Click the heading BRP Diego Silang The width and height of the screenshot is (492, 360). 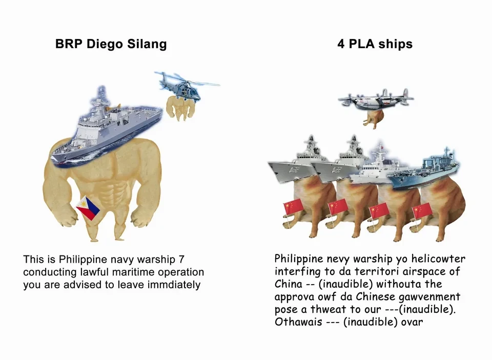pos(111,44)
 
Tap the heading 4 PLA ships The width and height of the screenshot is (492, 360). pos(375,44)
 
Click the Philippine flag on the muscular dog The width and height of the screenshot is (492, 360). pos(88,208)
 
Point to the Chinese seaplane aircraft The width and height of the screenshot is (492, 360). pos(376,100)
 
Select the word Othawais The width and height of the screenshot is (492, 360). pos(298,322)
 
